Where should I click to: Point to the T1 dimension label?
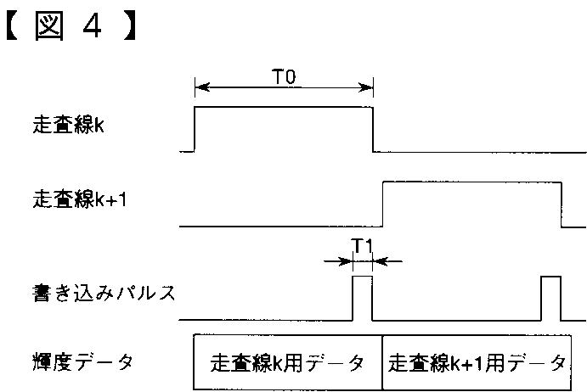[363, 247]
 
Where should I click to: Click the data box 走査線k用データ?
[288, 363]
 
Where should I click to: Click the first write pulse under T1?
[363, 297]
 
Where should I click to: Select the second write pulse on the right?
[550, 297]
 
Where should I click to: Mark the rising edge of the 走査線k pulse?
[195, 129]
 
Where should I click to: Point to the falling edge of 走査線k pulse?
[373, 129]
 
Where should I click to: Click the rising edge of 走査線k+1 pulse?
[383, 204]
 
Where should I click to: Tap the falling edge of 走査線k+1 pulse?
[562, 204]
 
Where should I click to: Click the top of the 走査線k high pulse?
[284, 107]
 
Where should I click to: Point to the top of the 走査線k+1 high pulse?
[472, 182]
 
